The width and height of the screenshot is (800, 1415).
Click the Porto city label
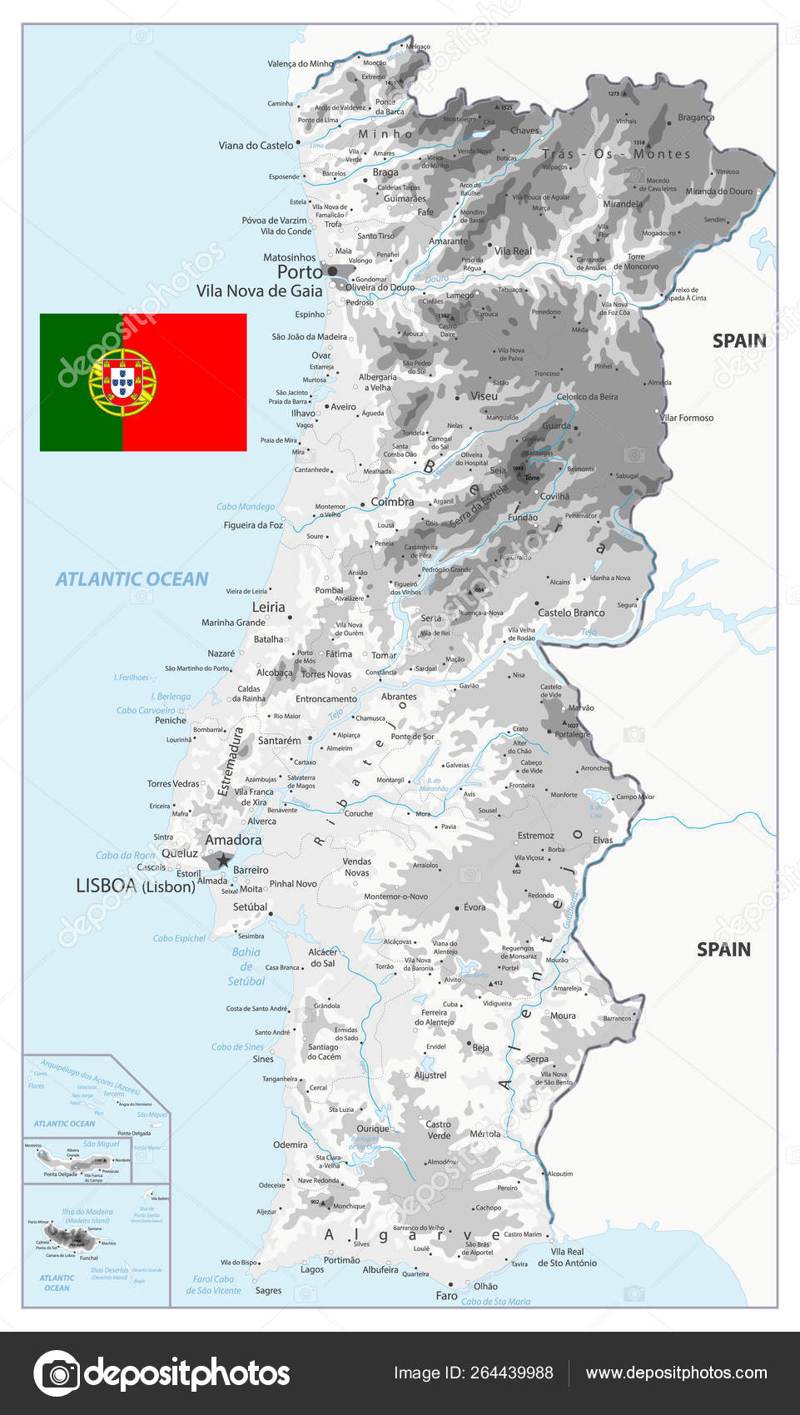point(300,272)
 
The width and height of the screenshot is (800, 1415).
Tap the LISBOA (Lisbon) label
point(136,886)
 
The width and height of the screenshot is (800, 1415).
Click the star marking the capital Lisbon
point(222,861)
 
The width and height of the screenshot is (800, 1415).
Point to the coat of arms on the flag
point(122,383)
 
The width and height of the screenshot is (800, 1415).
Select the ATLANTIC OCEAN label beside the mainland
point(132,579)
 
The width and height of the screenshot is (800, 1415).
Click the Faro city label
point(446,1296)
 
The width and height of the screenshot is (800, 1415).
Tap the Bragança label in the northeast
point(696,117)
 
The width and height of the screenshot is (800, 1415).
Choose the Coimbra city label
point(392,502)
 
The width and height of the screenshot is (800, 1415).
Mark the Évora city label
point(475,907)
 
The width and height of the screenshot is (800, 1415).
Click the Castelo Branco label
point(571,613)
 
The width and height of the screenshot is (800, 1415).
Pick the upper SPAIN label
point(739,340)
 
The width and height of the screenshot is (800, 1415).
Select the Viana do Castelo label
point(256,146)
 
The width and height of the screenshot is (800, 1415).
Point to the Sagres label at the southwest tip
point(268,1291)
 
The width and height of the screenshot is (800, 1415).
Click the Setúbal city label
point(250,907)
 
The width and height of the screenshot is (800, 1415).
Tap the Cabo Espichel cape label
point(178,938)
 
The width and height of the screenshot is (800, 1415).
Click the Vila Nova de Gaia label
point(259,291)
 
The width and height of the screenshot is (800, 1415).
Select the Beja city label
point(480,1048)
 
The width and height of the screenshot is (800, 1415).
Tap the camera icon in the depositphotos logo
point(57,1373)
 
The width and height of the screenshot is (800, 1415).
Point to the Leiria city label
point(268,608)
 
